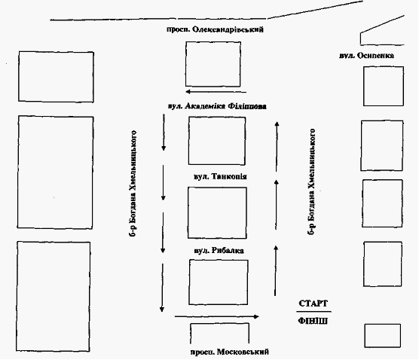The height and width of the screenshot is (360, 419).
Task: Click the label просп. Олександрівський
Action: (215, 29)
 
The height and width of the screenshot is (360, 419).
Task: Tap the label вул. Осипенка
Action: (366, 56)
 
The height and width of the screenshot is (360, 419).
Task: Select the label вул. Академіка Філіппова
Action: (217, 106)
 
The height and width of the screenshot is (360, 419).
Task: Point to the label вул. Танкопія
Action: (220, 176)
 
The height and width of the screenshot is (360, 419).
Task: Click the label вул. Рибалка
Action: (219, 251)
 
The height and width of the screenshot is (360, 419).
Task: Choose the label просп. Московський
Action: (230, 352)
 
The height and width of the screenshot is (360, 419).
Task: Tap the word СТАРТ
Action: (313, 304)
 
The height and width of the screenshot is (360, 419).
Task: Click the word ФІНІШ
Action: (313, 321)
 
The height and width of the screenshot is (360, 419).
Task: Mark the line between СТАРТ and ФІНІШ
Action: (313, 312)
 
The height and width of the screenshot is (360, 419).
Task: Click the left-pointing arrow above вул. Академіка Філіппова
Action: (216, 92)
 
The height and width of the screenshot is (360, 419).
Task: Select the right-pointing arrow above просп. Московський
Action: (217, 317)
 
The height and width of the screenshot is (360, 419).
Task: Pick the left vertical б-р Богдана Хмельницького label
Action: (133, 184)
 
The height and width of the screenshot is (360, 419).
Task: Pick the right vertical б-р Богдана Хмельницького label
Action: (311, 182)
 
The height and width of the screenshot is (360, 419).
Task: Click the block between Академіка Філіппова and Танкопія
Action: (217, 141)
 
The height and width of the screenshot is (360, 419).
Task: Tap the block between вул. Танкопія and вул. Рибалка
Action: (217, 213)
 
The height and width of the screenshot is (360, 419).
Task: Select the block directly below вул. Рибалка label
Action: (219, 282)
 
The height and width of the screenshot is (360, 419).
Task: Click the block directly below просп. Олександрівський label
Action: (213, 64)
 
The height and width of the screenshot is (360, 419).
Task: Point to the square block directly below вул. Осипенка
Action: (384, 87)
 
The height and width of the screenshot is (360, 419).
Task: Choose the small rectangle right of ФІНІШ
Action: (383, 336)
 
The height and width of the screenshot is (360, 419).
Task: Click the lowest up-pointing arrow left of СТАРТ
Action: (276, 271)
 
